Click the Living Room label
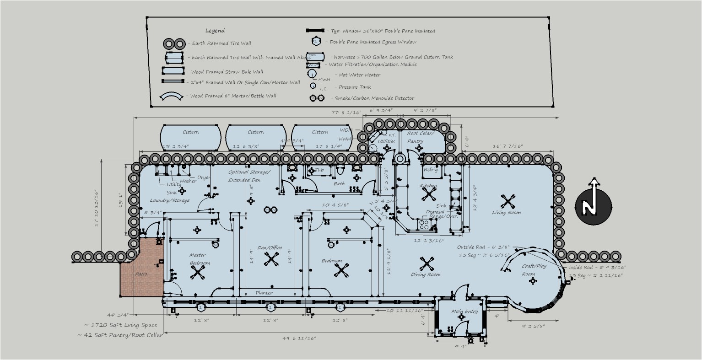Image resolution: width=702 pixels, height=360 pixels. [506, 212]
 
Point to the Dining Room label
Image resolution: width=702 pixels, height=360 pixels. [426, 274]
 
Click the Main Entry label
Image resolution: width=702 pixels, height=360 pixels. [464, 312]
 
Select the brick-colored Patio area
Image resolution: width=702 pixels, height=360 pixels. [141, 274]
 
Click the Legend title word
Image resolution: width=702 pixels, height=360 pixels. [215, 31]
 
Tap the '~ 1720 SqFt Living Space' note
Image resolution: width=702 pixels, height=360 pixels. [120, 325]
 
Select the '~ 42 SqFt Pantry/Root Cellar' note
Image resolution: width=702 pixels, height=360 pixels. [120, 335]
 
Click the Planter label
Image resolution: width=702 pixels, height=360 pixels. [264, 293]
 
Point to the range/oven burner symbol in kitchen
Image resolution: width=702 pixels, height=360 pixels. [424, 224]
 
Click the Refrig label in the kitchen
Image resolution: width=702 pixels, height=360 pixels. [431, 170]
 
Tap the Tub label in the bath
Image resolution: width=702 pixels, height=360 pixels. [319, 170]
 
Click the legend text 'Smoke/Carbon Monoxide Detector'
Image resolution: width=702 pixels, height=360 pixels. [374, 98]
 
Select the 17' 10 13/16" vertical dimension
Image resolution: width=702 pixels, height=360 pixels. [96, 208]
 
